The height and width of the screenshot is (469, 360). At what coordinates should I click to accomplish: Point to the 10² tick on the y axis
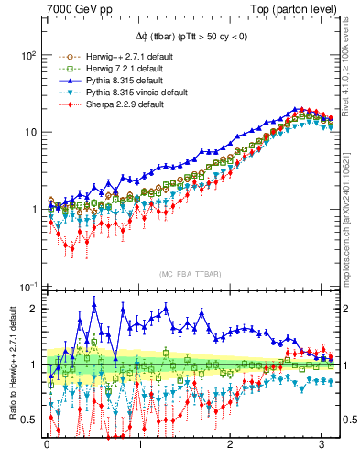coord(27,55)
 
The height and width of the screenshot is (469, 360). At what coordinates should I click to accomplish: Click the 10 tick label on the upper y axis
coord(30,132)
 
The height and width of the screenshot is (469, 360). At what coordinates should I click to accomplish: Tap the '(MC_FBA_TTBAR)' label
coord(190,274)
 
